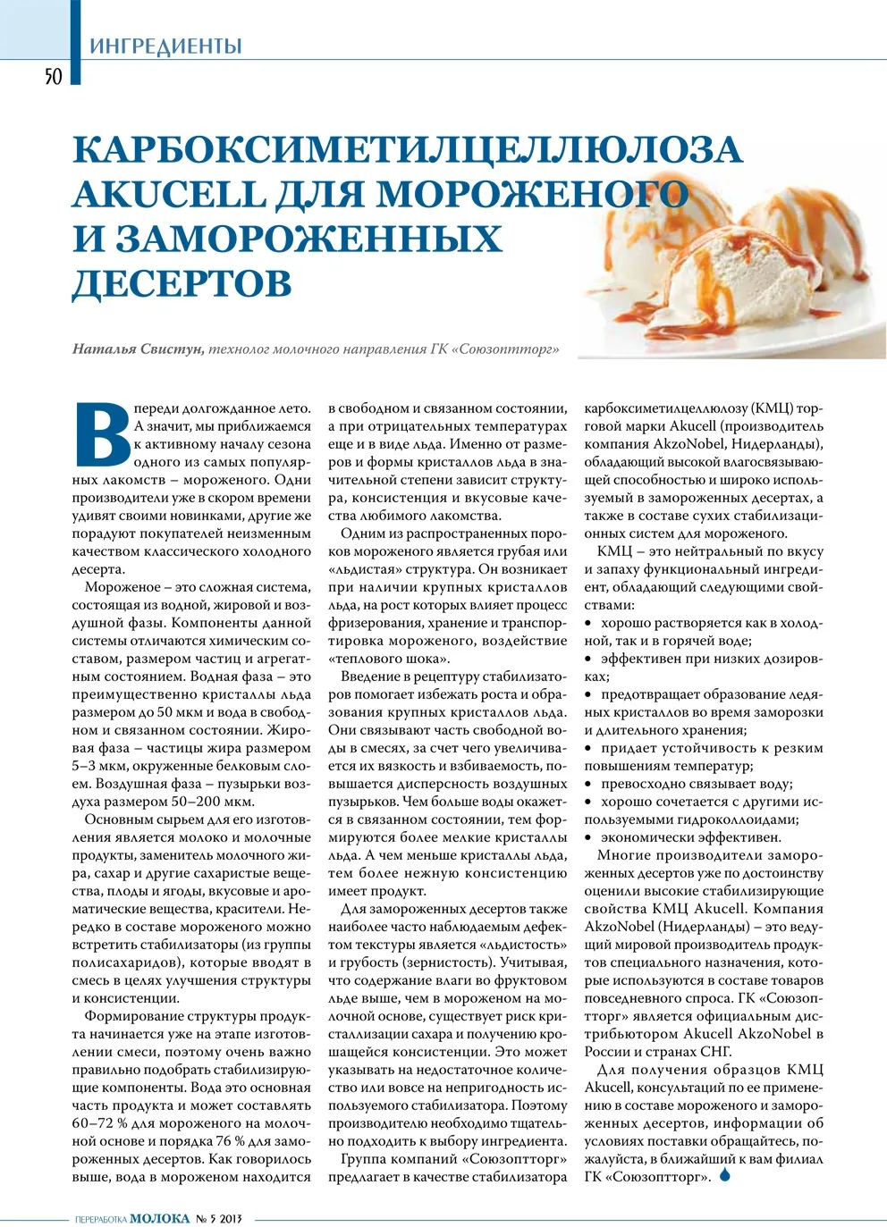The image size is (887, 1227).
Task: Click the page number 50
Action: tap(54, 76)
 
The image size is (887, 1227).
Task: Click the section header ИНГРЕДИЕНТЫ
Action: tap(165, 46)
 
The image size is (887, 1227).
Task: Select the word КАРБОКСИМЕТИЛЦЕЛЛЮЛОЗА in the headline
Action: tap(407, 149)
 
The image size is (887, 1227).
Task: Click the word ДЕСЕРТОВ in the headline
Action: tap(182, 283)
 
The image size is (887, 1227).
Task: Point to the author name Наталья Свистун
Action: tap(137, 349)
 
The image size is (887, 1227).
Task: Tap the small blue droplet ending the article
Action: tap(725, 1175)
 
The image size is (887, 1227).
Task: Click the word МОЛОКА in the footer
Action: tap(160, 1218)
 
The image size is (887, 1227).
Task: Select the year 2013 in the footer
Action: tap(232, 1218)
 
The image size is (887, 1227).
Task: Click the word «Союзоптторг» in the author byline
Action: tap(506, 349)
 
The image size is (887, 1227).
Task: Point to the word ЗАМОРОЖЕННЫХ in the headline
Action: tap(308, 239)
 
